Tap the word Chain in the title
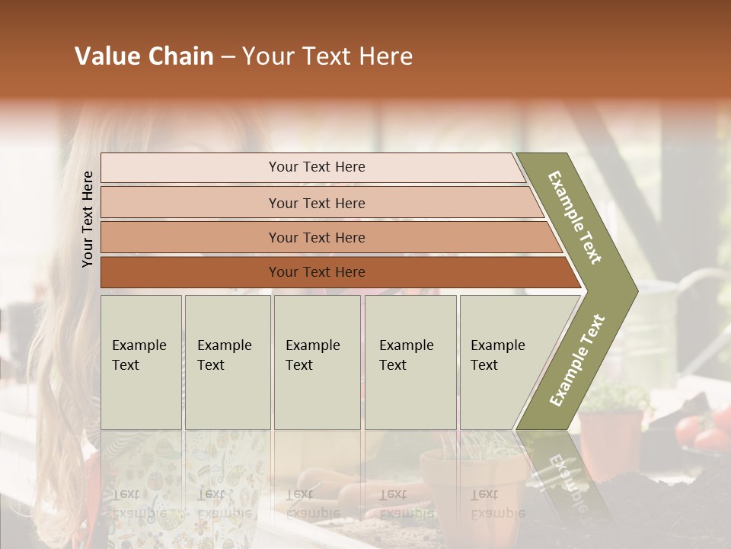pyautogui.click(x=180, y=57)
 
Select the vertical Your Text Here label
pyautogui.click(x=88, y=219)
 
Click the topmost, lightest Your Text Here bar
pyautogui.click(x=317, y=167)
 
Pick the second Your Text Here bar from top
pyautogui.click(x=317, y=203)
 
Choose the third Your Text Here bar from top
pyautogui.click(x=317, y=237)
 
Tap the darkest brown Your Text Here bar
pyautogui.click(x=317, y=272)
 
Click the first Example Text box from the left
pyautogui.click(x=141, y=362)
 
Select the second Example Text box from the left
pyautogui.click(x=227, y=362)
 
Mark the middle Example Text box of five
pyautogui.click(x=317, y=362)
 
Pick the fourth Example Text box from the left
pyautogui.click(x=410, y=362)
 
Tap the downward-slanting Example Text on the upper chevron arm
pyautogui.click(x=575, y=217)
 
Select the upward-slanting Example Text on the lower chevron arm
pyautogui.click(x=577, y=361)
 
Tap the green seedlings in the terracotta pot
pyautogui.click(x=613, y=396)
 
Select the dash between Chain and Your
pyautogui.click(x=228, y=57)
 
